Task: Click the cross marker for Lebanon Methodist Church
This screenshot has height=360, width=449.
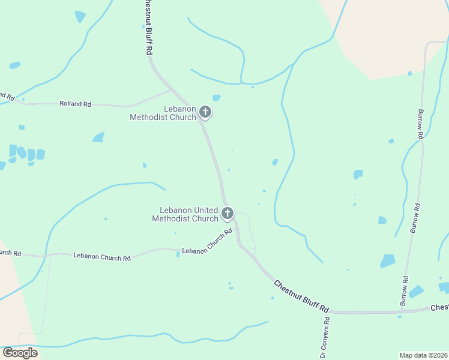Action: click(205, 112)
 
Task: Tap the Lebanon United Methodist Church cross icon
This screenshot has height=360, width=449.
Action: click(228, 213)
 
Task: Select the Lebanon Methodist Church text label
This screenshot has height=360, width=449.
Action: click(163, 113)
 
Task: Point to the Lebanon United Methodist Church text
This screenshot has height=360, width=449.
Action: click(188, 214)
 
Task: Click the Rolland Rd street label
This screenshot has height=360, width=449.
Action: click(75, 104)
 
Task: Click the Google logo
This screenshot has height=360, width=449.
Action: click(20, 353)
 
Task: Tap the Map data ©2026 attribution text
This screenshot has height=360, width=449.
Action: click(423, 355)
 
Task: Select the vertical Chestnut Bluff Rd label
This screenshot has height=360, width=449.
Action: click(146, 28)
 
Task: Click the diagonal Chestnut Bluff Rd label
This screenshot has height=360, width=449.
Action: click(302, 296)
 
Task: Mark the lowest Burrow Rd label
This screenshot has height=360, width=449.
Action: click(405, 291)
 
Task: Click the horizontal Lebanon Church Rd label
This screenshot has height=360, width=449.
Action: click(102, 257)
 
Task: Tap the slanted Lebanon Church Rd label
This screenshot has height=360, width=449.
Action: click(207, 242)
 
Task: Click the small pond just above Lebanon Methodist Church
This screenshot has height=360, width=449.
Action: click(216, 97)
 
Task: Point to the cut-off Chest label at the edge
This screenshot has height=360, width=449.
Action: click(439, 307)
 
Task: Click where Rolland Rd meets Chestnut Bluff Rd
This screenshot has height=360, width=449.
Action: click(172, 90)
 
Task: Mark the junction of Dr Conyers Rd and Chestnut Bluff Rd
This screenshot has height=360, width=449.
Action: click(330, 312)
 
